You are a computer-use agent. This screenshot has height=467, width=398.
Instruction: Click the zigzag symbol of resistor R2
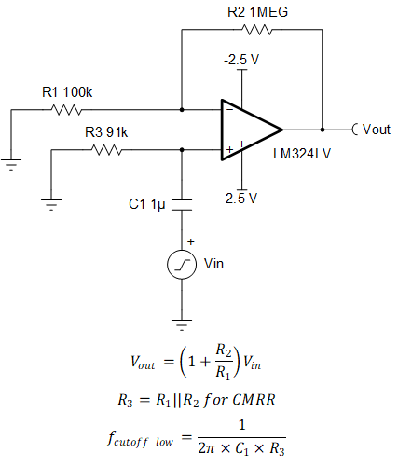coord(254,30)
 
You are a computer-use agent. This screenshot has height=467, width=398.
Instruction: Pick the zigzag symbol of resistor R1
coord(67,109)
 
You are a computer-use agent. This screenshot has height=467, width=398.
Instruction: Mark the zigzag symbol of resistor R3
coord(106,148)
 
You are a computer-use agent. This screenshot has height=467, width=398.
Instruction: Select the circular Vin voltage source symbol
coord(181,267)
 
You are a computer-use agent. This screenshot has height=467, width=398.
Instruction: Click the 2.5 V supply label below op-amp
coord(242,198)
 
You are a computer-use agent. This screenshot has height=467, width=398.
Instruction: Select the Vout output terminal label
coord(373,129)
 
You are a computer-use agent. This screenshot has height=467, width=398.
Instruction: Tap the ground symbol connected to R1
coord(11,166)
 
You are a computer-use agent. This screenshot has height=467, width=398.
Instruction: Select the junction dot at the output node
coord(322,129)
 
